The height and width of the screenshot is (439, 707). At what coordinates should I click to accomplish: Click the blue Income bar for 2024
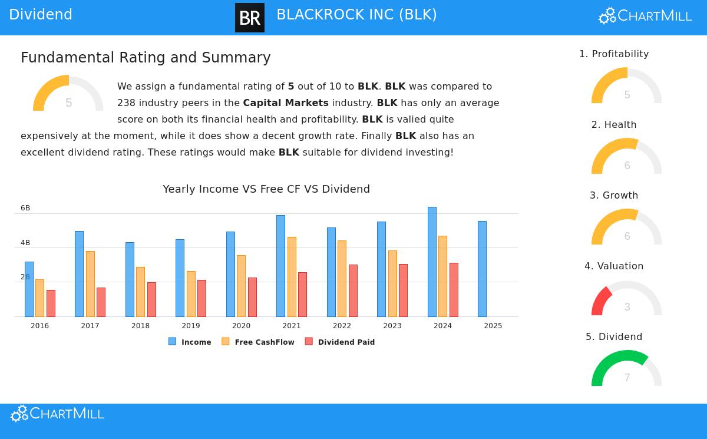pos(432,262)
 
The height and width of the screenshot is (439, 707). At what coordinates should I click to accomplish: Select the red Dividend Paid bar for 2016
pos(51,303)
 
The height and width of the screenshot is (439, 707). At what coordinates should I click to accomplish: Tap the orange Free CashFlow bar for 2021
pos(292,277)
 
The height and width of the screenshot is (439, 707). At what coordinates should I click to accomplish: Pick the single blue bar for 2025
pos(482,269)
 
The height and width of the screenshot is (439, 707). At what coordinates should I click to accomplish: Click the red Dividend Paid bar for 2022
pos(353,291)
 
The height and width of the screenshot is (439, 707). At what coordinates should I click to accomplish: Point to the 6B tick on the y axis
pos(25,208)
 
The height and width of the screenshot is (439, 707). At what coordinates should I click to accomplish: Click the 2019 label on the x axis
pos(191,326)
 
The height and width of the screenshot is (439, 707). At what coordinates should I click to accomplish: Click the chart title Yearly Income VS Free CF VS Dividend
pos(266,189)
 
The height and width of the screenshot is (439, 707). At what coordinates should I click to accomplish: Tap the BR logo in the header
pos(250,18)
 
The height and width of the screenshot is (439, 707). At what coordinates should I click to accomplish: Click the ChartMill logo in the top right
pos(645,16)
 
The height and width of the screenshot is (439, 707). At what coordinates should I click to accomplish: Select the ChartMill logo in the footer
pos(57,414)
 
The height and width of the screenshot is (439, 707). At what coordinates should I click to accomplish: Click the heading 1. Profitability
pos(614,54)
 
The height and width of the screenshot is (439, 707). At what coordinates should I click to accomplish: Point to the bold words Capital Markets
pos(286,103)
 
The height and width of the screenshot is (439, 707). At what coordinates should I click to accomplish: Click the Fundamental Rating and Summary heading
pos(146,58)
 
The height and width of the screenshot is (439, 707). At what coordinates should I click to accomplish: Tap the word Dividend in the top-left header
pos(41,15)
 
